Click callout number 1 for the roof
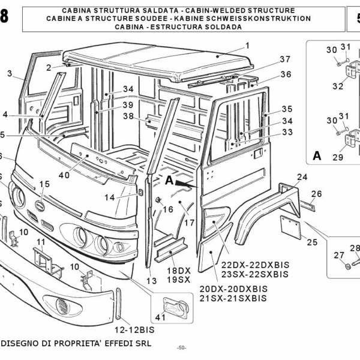click(247, 46)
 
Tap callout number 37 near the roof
click(284, 59)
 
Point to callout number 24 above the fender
click(302, 177)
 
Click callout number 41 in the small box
click(160, 317)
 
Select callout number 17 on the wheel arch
click(189, 223)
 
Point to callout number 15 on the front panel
click(44, 184)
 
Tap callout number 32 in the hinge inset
click(338, 86)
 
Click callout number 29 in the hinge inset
click(338, 157)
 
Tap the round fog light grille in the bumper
click(63, 308)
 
